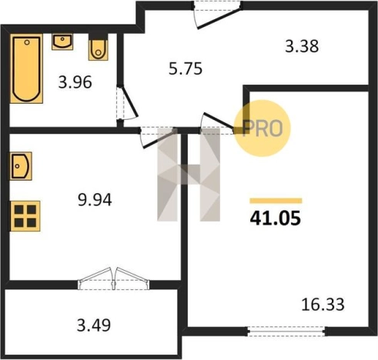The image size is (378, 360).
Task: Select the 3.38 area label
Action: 302,46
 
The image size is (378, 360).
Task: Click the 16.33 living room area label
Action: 323,305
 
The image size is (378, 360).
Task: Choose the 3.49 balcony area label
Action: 95,325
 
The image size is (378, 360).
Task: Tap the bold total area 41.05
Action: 275,218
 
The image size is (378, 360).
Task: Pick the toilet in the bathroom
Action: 99,48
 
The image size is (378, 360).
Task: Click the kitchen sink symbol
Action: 22,165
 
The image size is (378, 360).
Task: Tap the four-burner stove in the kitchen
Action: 25,215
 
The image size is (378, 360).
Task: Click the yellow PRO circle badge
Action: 262,128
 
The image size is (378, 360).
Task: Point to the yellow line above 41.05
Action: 275,201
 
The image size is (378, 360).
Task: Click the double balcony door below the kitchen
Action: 114,277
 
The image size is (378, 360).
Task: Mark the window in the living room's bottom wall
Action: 285,332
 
